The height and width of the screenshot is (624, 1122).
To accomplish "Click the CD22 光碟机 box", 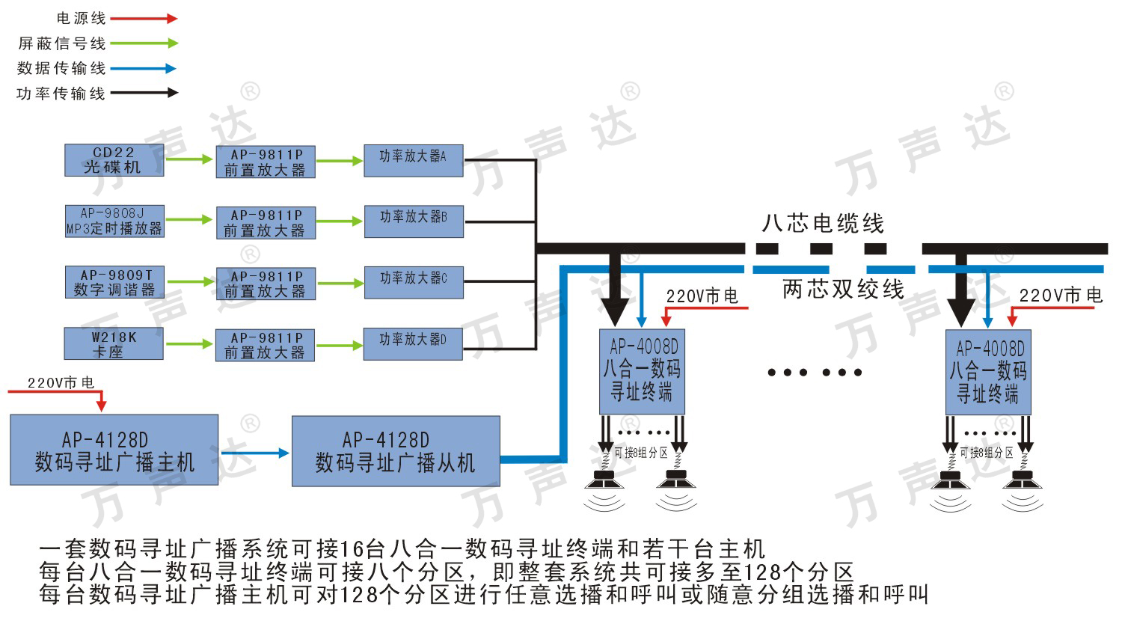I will click(114, 160).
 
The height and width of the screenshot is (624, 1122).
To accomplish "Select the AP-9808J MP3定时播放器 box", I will click(114, 221).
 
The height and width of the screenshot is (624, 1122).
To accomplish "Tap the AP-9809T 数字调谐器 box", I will click(114, 283).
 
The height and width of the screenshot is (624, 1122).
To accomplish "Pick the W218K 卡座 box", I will click(114, 344).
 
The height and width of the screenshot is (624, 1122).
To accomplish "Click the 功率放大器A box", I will click(413, 160).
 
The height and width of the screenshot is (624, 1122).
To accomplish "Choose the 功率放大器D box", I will click(413, 343).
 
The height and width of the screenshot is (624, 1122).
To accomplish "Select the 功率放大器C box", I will click(413, 282).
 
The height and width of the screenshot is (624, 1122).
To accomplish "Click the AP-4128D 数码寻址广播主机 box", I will click(114, 450).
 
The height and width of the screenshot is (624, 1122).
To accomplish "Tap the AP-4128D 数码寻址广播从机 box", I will click(395, 451).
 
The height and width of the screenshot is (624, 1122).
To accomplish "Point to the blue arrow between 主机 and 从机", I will click(254, 453).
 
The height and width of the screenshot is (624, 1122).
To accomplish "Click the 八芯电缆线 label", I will click(822, 223).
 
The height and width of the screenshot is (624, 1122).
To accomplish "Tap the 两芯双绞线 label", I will click(843, 290).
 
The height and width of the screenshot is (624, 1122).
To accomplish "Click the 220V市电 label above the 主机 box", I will click(61, 382).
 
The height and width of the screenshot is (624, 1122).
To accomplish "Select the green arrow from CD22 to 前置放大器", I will click(189, 159).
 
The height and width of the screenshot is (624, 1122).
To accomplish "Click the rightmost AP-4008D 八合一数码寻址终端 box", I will click(988, 372).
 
